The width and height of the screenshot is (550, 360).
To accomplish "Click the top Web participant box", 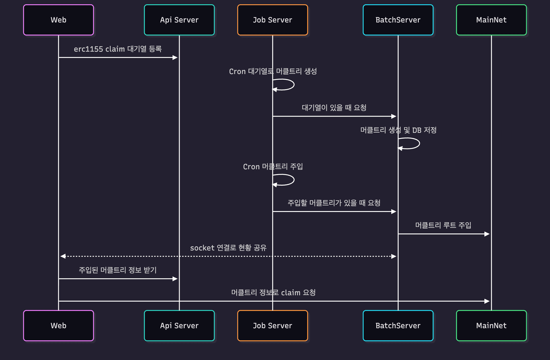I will pyautogui.click(x=58, y=20).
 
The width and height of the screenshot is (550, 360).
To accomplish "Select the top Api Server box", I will pyautogui.click(x=179, y=20).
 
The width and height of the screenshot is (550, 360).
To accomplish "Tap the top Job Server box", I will pyautogui.click(x=272, y=20).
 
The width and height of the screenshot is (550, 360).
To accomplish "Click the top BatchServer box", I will pyautogui.click(x=398, y=20).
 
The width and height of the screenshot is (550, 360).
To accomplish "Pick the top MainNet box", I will pyautogui.click(x=491, y=20).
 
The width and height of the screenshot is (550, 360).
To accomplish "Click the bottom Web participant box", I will pyautogui.click(x=58, y=326).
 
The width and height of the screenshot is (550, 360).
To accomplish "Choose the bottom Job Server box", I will pyautogui.click(x=272, y=326).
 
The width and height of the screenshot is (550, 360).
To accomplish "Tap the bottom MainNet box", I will pyautogui.click(x=491, y=326).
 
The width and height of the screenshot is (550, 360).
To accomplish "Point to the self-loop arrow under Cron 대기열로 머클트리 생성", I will pyautogui.click(x=288, y=85).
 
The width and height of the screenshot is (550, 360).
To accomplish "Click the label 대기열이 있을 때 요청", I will pyautogui.click(x=334, y=108).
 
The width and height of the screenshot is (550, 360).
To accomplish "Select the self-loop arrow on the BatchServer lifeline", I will pyautogui.click(x=413, y=143).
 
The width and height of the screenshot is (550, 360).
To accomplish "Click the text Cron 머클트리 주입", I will pyautogui.click(x=273, y=166).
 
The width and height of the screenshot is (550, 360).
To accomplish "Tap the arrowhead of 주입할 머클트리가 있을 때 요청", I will pyautogui.click(x=394, y=212).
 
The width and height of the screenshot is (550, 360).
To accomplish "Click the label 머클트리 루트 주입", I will pyautogui.click(x=443, y=225).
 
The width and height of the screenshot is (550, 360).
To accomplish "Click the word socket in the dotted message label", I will pyautogui.click(x=202, y=248).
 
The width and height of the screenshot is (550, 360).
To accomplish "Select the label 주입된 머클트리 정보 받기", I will pyautogui.click(x=118, y=270).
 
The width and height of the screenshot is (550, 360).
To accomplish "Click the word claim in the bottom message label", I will pyautogui.click(x=290, y=293).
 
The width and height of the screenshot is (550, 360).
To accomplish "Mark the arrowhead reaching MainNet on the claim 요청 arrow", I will pyautogui.click(x=487, y=301).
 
